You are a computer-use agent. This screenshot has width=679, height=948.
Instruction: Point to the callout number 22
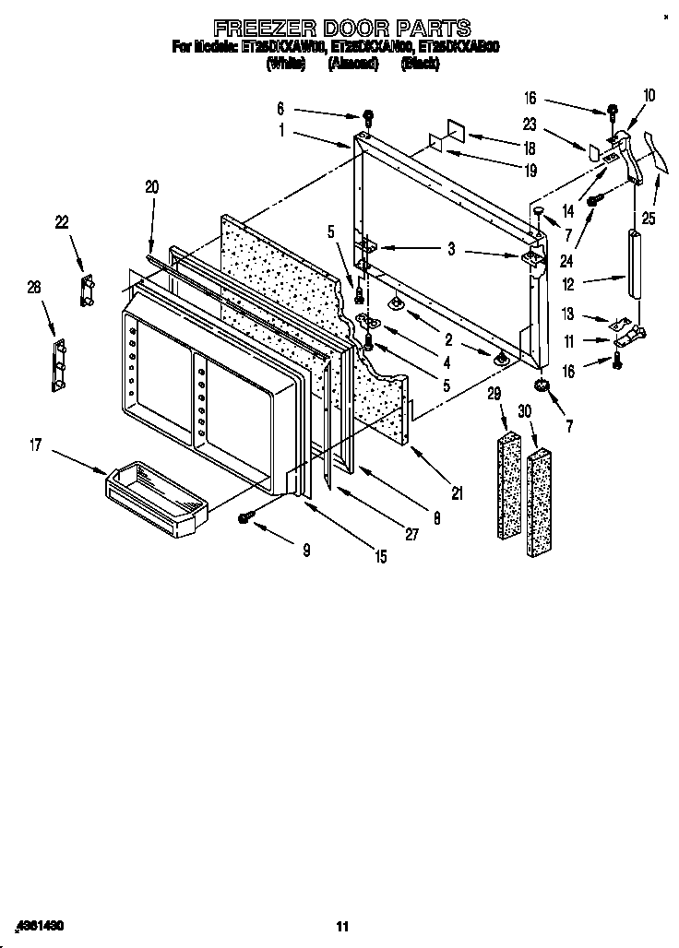click(x=62, y=221)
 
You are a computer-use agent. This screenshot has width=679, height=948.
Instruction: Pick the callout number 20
click(x=152, y=187)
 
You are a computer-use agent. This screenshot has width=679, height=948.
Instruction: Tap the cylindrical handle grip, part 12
click(x=635, y=264)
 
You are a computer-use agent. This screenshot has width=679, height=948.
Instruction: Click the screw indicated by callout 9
click(x=245, y=518)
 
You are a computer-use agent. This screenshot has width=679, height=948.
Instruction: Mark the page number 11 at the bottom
click(x=342, y=926)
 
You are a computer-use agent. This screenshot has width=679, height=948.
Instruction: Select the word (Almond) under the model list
click(x=352, y=64)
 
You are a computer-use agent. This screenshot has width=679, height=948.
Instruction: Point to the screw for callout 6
click(x=368, y=117)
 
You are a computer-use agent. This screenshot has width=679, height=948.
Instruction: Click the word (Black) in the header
click(x=420, y=64)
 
